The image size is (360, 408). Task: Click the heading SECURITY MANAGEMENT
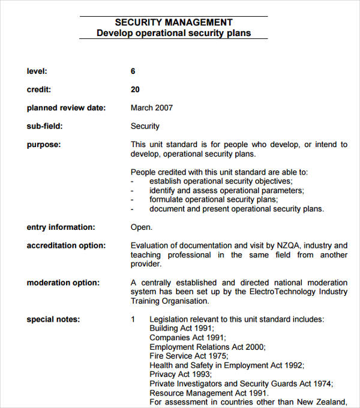tap(173, 23)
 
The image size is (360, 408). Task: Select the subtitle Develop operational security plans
tap(173, 33)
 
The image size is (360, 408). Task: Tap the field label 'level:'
tap(37, 71)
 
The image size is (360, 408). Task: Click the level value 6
tap(133, 71)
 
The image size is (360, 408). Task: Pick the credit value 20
tap(135, 89)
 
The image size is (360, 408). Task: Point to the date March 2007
tap(151, 108)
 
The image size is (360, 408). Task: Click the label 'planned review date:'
tap(66, 108)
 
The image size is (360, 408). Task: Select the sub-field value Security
tap(145, 126)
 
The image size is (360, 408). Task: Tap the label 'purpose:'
tap(44, 145)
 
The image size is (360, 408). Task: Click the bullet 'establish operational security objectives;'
tap(221, 181)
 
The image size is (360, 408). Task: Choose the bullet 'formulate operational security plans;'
tap(214, 199)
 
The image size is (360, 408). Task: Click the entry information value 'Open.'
tap(142, 227)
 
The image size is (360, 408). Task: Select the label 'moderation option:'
tap(63, 283)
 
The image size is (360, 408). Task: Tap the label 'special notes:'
tap(53, 319)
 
